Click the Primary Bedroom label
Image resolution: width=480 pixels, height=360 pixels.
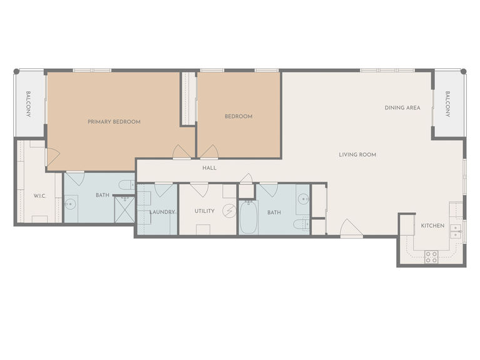click(114, 121)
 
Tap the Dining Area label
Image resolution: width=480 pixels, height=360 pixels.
click(402, 108)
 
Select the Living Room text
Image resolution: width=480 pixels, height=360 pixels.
click(357, 155)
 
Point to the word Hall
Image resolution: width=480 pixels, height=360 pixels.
click(210, 168)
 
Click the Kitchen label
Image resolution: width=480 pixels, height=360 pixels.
click(432, 226)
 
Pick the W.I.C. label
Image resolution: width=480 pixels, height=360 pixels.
click(39, 196)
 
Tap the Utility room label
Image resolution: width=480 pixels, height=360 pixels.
click(205, 211)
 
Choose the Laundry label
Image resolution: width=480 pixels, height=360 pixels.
click(162, 212)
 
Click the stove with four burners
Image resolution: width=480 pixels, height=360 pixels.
click(431, 257)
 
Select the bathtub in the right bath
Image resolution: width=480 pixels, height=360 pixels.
click(248, 217)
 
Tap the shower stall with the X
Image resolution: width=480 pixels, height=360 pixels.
click(125, 210)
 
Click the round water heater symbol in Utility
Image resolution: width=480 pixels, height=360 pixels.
click(229, 211)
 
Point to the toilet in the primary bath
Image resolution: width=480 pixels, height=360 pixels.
click(127, 185)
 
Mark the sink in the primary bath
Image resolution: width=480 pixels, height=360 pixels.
click(70, 203)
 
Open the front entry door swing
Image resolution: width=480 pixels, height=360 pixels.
click(352, 228)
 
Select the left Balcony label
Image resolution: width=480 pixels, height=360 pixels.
click(28, 104)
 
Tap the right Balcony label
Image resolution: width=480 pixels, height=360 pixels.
click(447, 104)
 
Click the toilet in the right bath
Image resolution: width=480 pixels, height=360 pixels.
click(302, 224)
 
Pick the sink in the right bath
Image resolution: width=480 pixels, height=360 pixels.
click(303, 199)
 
